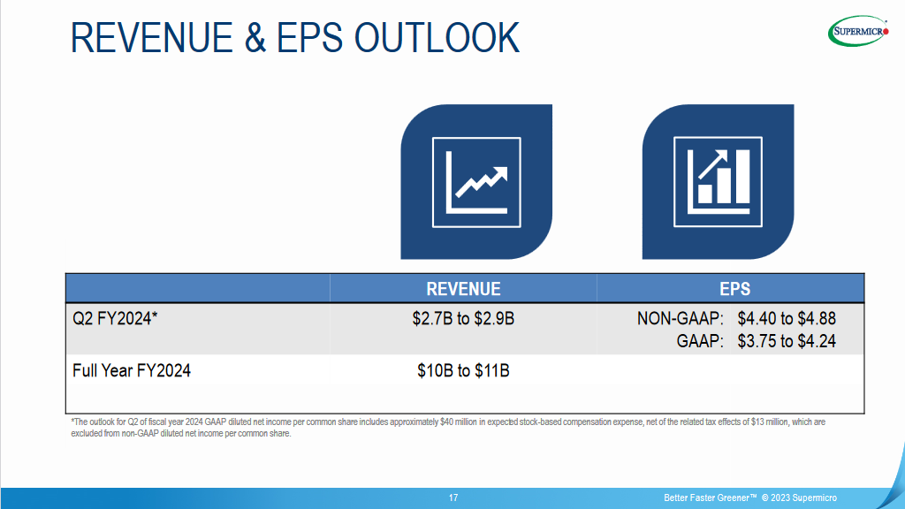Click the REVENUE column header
463,289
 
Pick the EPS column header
734,289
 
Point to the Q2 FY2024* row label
115,318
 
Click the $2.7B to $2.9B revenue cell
463,318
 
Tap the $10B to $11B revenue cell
463,370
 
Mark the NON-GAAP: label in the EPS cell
681,318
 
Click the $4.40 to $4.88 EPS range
787,318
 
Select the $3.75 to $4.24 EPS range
787,341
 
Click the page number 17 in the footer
452,498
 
